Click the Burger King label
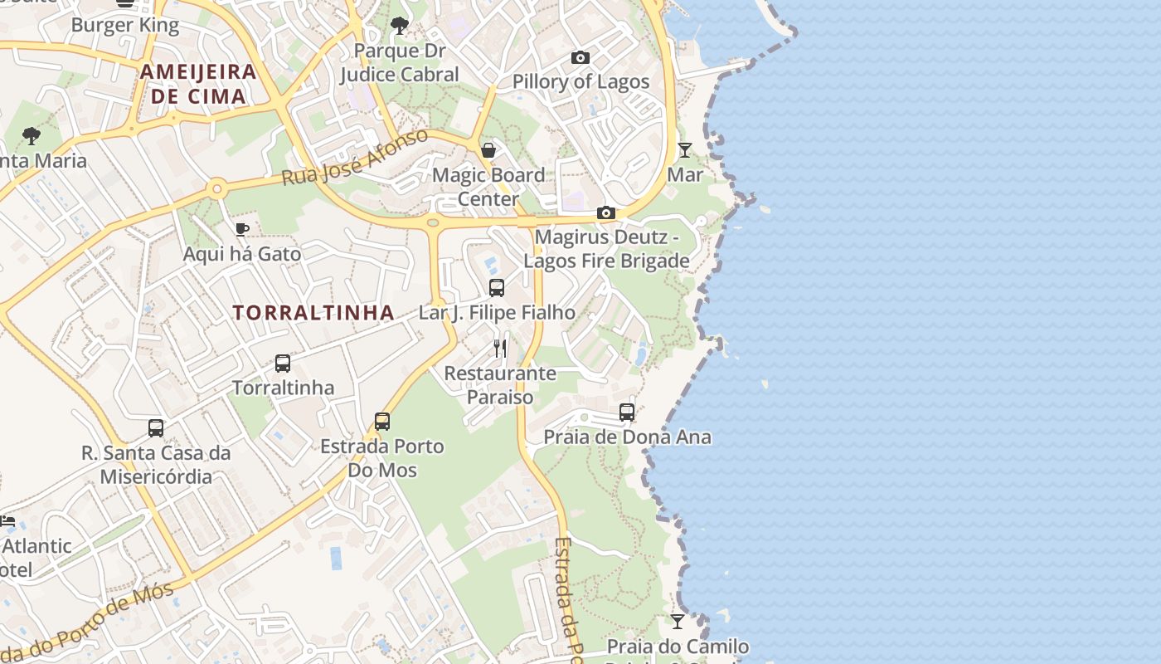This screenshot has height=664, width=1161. pyautogui.click(x=124, y=25)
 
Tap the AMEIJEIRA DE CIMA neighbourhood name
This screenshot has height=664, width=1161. pyautogui.click(x=198, y=83)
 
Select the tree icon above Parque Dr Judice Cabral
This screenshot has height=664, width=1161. pyautogui.click(x=400, y=25)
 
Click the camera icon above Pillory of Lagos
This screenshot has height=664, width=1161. pyautogui.click(x=580, y=57)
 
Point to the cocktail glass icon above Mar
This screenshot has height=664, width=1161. pyautogui.click(x=685, y=150)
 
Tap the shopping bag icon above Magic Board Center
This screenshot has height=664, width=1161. pyautogui.click(x=488, y=150)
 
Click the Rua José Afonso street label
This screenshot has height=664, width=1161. pyautogui.click(x=354, y=157)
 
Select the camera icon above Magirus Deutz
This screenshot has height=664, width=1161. pyautogui.click(x=606, y=213)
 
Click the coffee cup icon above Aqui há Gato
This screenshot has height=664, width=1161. pyautogui.click(x=242, y=229)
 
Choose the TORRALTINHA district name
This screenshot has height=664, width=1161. pyautogui.click(x=313, y=313)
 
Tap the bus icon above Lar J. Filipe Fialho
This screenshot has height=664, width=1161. pyautogui.click(x=497, y=288)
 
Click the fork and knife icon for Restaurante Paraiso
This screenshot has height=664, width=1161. pyautogui.click(x=500, y=348)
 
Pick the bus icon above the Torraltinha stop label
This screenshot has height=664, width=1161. pyautogui.click(x=283, y=364)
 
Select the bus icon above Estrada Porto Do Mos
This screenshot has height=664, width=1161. pyautogui.click(x=382, y=422)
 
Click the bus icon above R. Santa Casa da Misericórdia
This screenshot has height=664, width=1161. pyautogui.click(x=156, y=428)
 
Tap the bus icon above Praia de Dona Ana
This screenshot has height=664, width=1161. pyautogui.click(x=627, y=413)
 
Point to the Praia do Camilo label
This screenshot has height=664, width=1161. pyautogui.click(x=678, y=647)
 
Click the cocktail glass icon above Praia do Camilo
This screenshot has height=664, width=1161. pyautogui.click(x=678, y=621)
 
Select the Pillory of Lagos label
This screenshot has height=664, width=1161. pyautogui.click(x=580, y=81)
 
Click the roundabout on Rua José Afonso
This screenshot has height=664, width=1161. pyautogui.click(x=217, y=189)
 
